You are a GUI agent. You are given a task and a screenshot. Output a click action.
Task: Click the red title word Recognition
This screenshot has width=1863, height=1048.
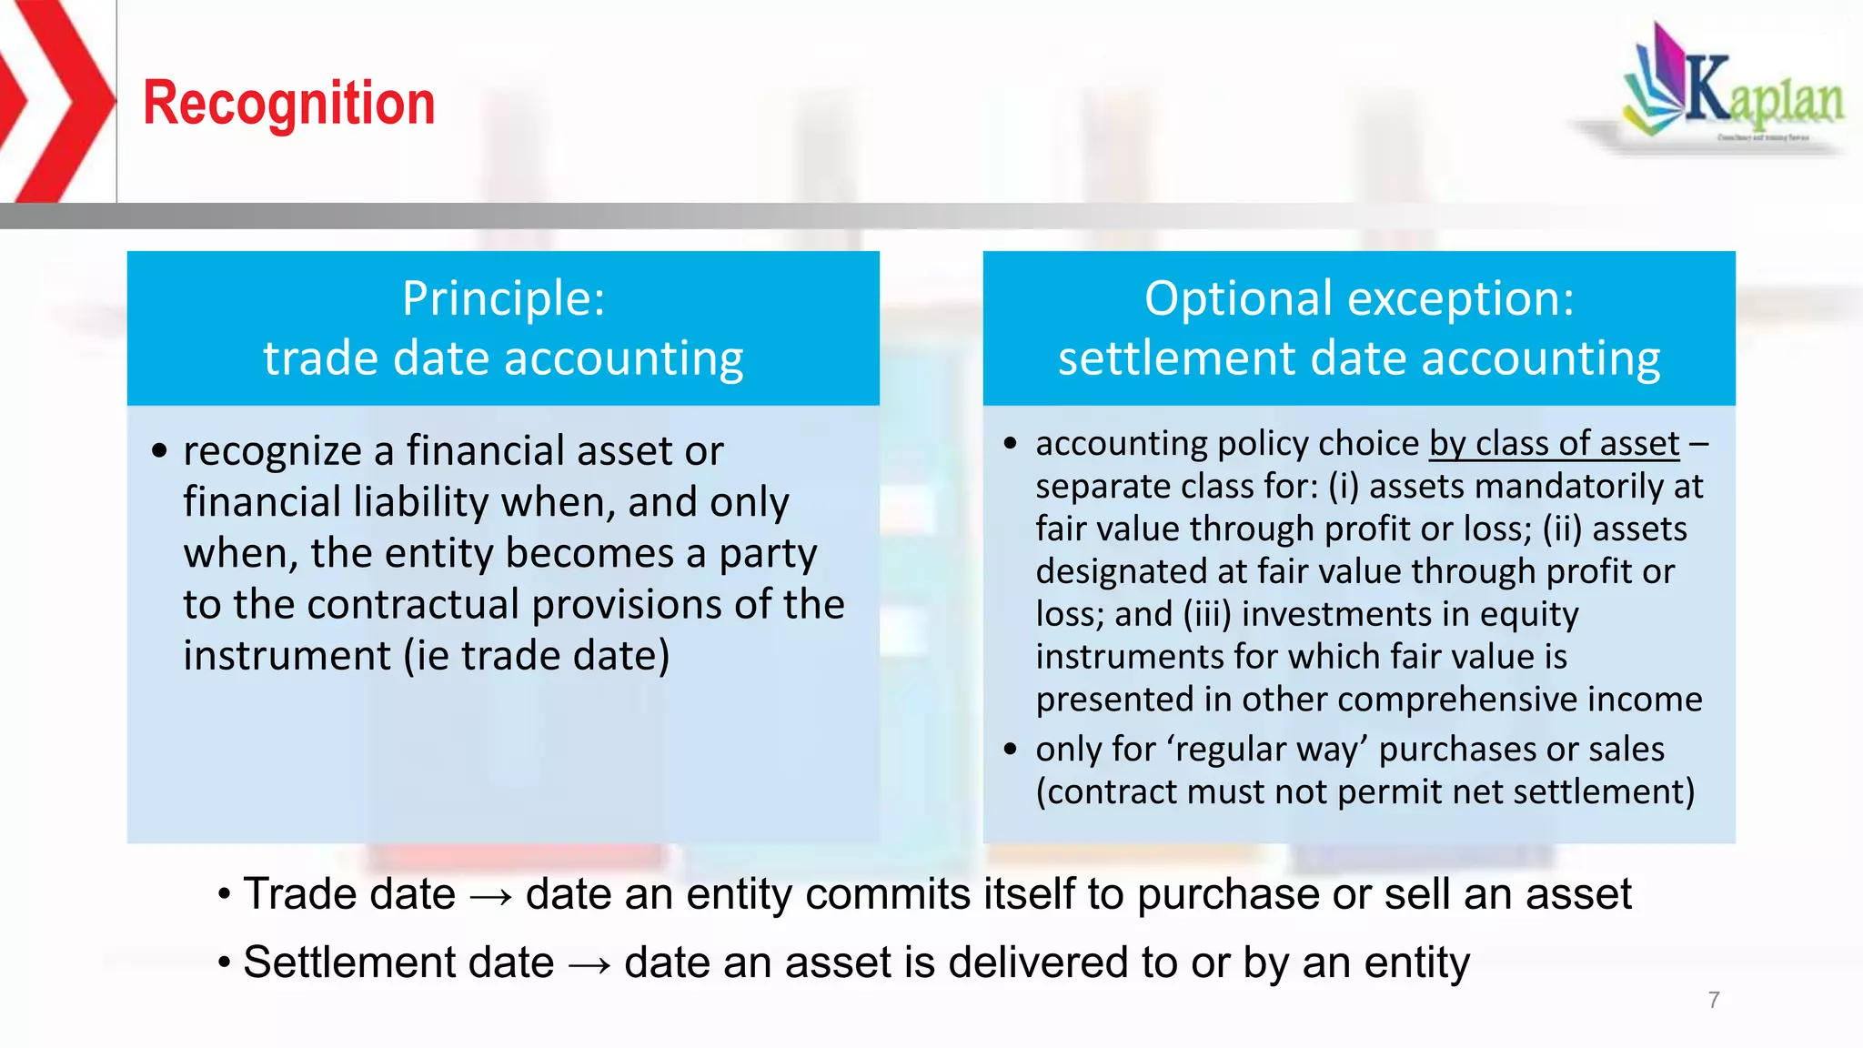[289, 103]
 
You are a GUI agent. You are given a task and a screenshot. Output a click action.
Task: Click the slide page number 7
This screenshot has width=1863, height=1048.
[1714, 1000]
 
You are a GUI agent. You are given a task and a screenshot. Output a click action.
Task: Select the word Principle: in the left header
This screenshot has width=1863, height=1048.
[503, 298]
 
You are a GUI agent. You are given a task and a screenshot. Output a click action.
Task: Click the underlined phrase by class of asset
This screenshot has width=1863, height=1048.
[1554, 444]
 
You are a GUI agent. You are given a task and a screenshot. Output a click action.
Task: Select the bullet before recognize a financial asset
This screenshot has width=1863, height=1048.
[160, 451]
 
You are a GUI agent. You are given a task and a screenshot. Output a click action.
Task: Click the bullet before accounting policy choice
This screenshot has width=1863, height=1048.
[1011, 444]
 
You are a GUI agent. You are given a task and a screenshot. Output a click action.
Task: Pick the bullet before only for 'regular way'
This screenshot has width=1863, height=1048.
[1011, 750]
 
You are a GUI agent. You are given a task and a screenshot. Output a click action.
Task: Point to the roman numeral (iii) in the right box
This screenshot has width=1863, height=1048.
[1206, 615]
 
